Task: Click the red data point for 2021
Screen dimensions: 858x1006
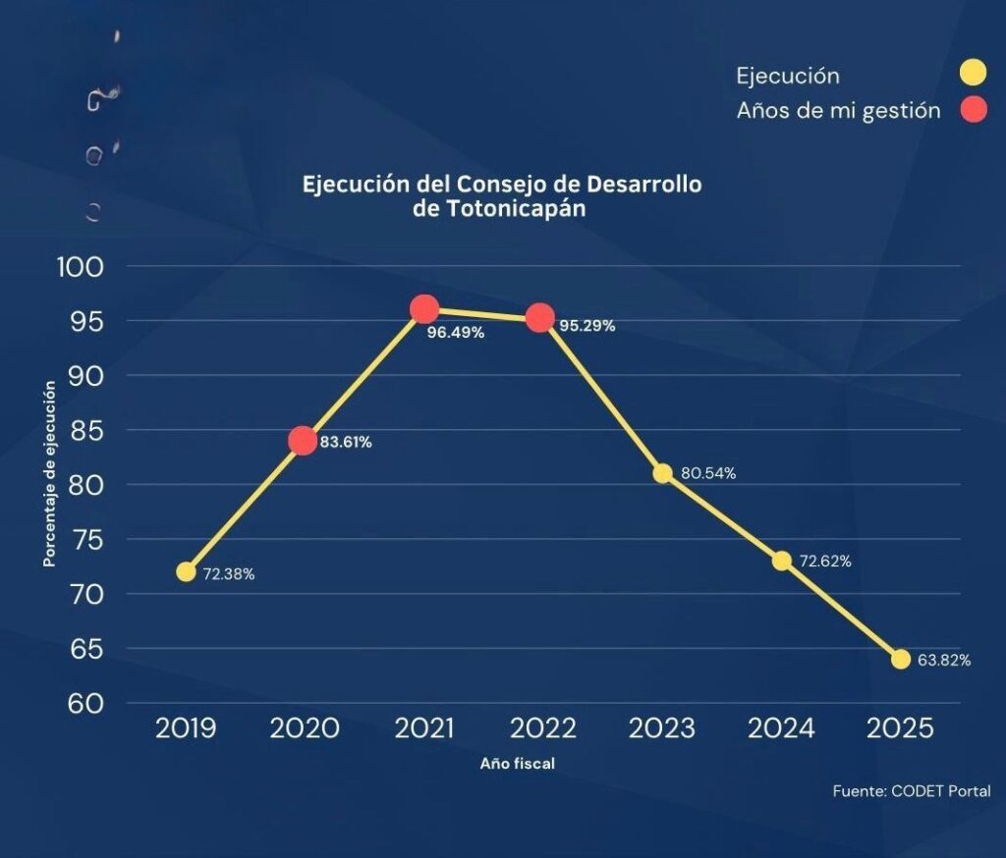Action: (x=424, y=310)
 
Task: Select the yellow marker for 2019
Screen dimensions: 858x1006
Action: (x=186, y=571)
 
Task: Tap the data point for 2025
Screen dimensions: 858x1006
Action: (x=901, y=659)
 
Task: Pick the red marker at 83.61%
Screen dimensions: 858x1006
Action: (x=303, y=441)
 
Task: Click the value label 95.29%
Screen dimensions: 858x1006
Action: (x=587, y=326)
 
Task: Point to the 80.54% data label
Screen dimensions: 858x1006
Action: (x=707, y=473)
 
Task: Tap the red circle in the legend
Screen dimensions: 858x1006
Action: (x=973, y=111)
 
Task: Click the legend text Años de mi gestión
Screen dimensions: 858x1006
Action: (x=838, y=111)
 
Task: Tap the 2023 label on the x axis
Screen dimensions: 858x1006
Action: (x=661, y=728)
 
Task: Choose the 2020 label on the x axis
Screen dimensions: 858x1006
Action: (x=304, y=728)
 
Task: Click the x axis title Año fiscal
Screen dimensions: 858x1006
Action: (x=518, y=764)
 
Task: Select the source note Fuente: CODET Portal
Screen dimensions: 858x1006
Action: (x=911, y=791)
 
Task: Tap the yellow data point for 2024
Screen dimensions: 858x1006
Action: (x=781, y=561)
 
